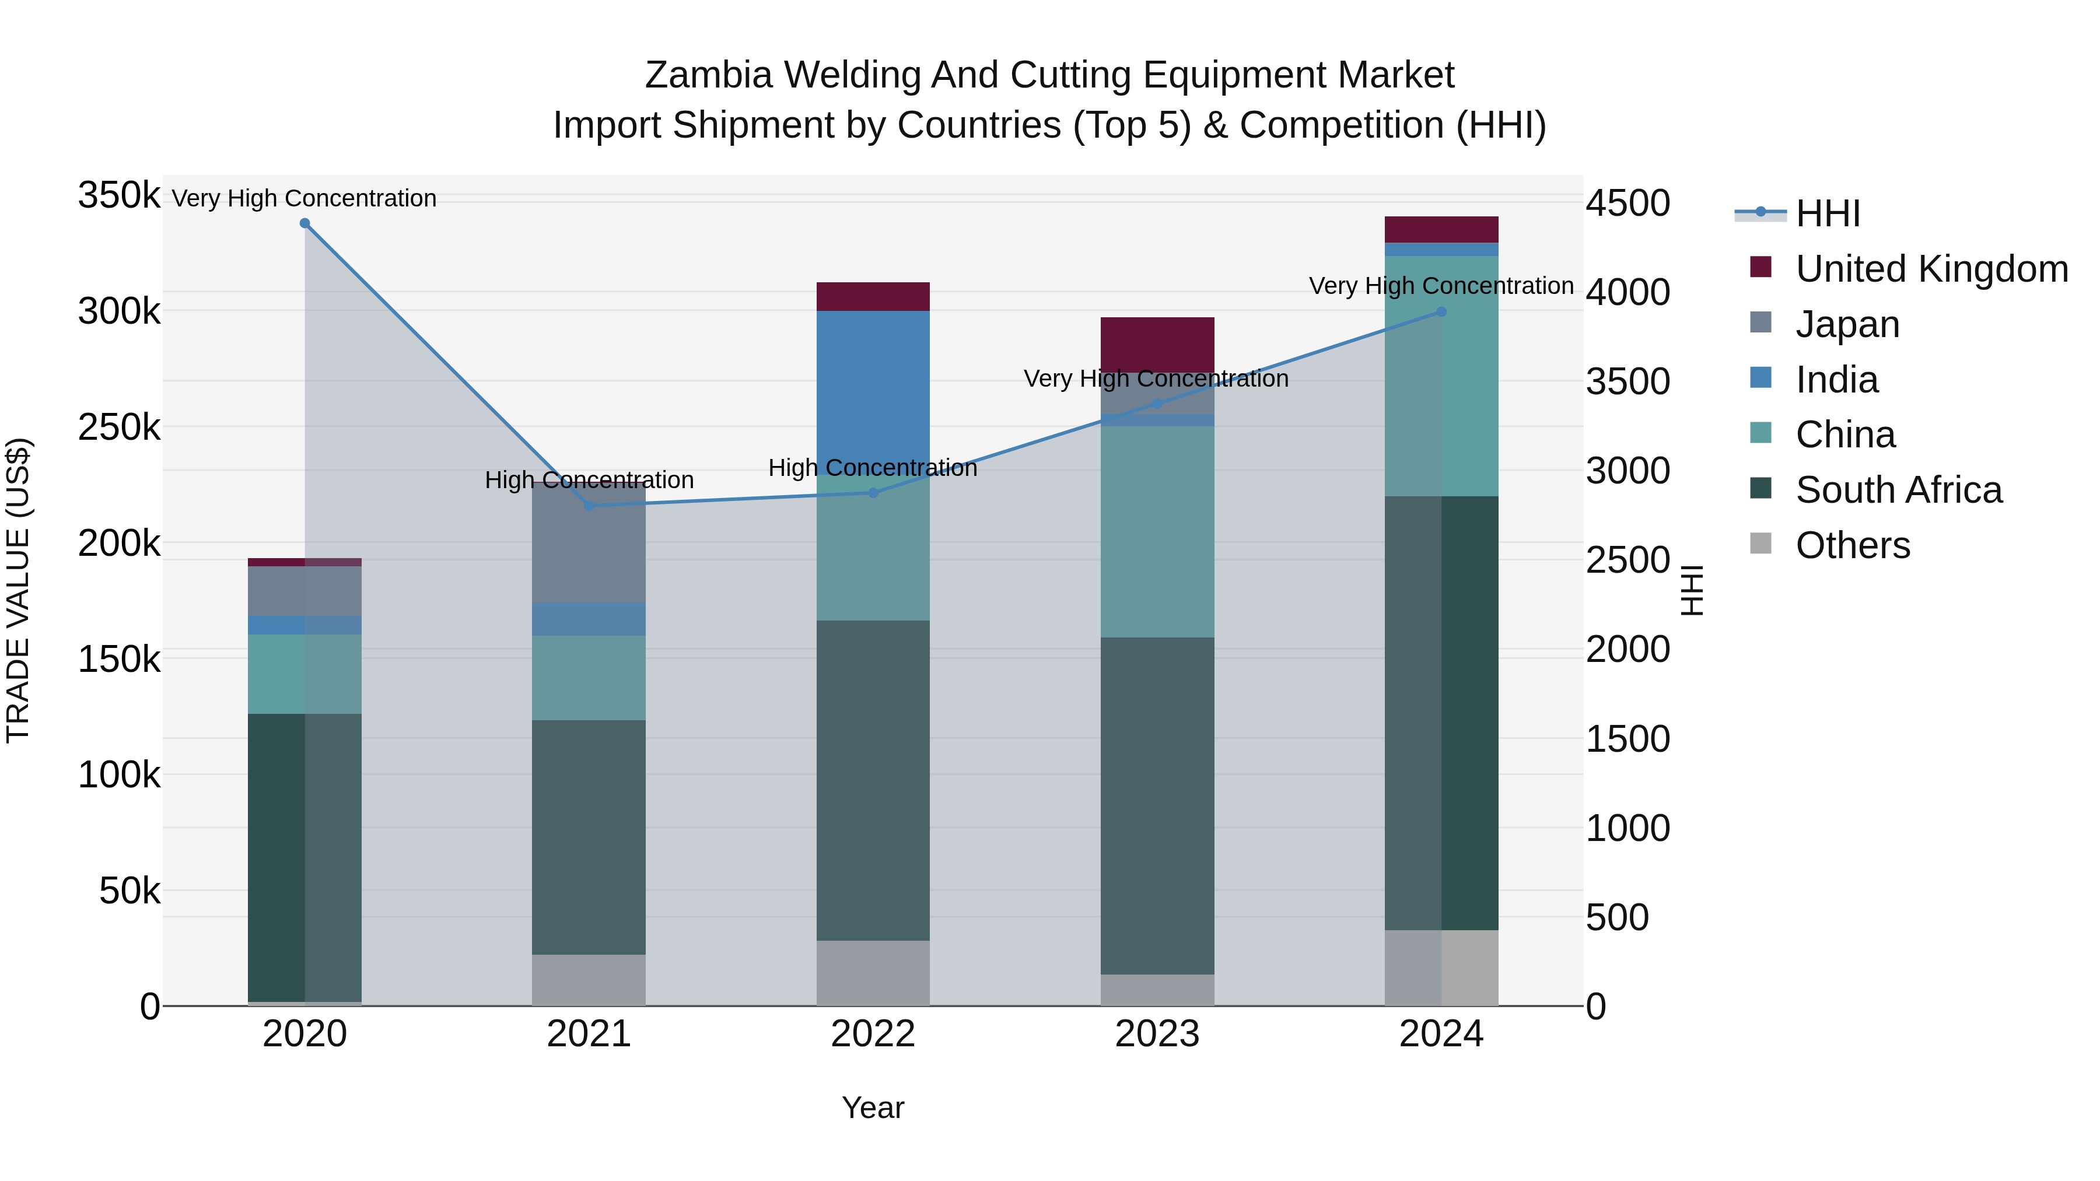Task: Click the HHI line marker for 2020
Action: (305, 223)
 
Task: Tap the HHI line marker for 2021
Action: (589, 505)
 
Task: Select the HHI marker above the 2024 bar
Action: (1441, 311)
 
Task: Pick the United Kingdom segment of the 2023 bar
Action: (1157, 344)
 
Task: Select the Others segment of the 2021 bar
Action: (589, 980)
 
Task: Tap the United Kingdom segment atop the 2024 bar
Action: (1441, 230)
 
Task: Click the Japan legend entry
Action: (1847, 324)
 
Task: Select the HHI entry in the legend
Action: (1828, 213)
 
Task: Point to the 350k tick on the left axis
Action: (119, 195)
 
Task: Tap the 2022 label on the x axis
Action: (873, 1034)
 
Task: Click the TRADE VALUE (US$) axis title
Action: (18, 590)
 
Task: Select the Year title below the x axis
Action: (873, 1108)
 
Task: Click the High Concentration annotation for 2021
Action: (589, 480)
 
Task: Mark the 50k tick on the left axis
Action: (129, 891)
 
